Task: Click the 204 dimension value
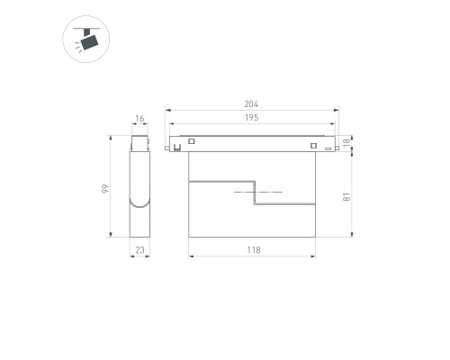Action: pyautogui.click(x=251, y=104)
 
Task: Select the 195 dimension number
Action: pyautogui.click(x=251, y=118)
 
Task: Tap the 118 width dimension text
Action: pyautogui.click(x=254, y=250)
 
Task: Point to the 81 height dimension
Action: pyautogui.click(x=346, y=197)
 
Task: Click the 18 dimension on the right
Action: pyautogui.click(x=346, y=142)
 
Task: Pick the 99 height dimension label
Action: pyautogui.click(x=105, y=188)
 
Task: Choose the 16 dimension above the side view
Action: pyautogui.click(x=139, y=119)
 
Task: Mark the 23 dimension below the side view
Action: pyautogui.click(x=139, y=250)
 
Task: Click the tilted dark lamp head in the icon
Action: pyautogui.click(x=90, y=42)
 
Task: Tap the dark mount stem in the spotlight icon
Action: pyautogui.click(x=87, y=31)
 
